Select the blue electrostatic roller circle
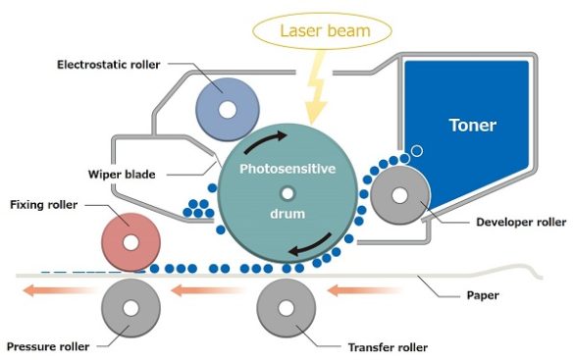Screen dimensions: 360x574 pyautogui.click(x=227, y=109)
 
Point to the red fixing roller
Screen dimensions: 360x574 pyautogui.click(x=131, y=239)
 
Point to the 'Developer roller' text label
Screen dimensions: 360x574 pyautogui.click(x=519, y=223)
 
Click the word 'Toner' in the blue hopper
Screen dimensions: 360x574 pyautogui.click(x=473, y=126)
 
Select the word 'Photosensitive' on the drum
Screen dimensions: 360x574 pyautogui.click(x=287, y=169)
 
